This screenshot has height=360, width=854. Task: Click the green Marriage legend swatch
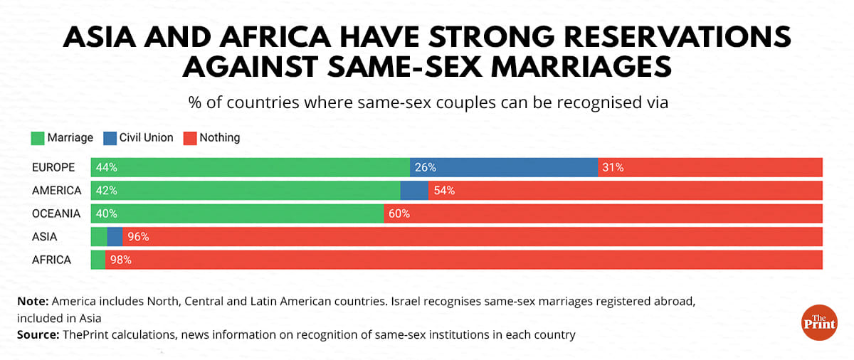point(38,138)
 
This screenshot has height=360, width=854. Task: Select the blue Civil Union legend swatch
point(110,138)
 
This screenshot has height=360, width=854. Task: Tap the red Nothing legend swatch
point(190,138)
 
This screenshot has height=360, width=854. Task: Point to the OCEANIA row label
point(56,213)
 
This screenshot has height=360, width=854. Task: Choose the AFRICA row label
point(52,260)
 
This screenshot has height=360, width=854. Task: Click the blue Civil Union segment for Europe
point(504,168)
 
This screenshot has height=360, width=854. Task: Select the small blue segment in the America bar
point(414,191)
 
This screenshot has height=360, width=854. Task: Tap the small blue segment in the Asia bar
point(115,237)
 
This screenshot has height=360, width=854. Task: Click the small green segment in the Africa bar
point(98,260)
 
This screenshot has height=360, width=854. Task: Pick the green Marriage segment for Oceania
point(238,213)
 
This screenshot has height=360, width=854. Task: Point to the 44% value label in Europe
point(107,168)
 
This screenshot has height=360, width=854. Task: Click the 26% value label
point(426,168)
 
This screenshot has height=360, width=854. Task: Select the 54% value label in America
point(444,191)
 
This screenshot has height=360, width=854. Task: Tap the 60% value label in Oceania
point(399,213)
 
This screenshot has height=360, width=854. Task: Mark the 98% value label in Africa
point(121,260)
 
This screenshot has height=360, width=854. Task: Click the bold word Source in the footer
point(36,334)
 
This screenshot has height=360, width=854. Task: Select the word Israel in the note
point(407,302)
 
